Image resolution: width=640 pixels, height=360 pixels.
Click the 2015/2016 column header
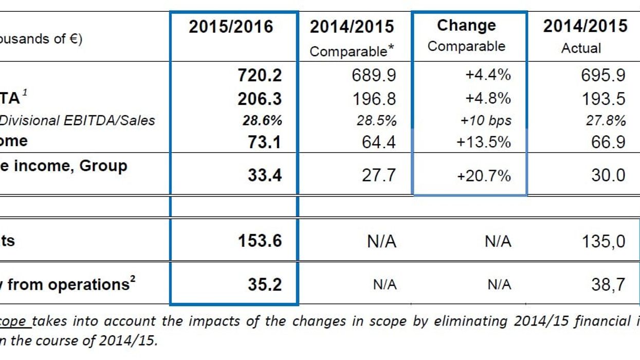point(231,27)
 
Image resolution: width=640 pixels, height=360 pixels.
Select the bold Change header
point(466,26)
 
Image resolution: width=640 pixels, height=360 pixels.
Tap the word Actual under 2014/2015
point(581,48)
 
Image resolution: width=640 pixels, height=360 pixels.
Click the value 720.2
point(260,76)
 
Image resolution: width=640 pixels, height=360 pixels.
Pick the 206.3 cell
point(260,99)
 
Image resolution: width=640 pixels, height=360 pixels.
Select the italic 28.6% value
point(262,120)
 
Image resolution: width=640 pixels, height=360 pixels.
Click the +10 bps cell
point(486,120)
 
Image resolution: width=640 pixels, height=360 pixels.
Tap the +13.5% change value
point(484,142)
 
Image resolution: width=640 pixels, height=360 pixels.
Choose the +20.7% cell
point(484,176)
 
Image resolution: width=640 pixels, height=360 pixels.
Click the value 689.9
point(374,76)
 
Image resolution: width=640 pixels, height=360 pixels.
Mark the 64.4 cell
point(379,142)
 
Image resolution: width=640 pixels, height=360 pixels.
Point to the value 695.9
point(603,76)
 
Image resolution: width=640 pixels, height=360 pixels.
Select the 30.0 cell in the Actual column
point(608,175)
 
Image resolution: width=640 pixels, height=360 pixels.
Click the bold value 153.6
point(260,241)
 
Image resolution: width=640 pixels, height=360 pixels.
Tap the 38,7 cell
point(608,284)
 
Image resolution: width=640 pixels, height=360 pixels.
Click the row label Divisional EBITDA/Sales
point(77,120)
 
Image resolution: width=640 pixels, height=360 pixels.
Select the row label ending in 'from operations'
point(67,284)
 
